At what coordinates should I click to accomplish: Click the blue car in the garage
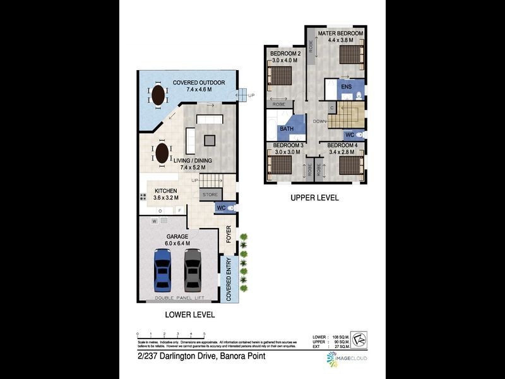163,270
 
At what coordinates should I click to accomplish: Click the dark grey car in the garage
193,270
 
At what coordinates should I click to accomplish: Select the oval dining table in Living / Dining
162,153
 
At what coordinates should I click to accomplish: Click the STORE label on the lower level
210,195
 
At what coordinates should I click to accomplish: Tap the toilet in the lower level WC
230,208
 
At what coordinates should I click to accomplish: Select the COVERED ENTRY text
229,279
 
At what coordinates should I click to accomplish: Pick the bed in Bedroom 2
280,76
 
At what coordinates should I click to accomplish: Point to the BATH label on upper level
287,129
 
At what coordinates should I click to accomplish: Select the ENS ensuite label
346,87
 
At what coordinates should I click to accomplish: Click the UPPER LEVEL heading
314,198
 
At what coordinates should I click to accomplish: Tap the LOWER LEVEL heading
189,315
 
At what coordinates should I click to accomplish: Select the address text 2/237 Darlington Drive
201,356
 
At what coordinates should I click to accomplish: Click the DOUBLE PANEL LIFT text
179,297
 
